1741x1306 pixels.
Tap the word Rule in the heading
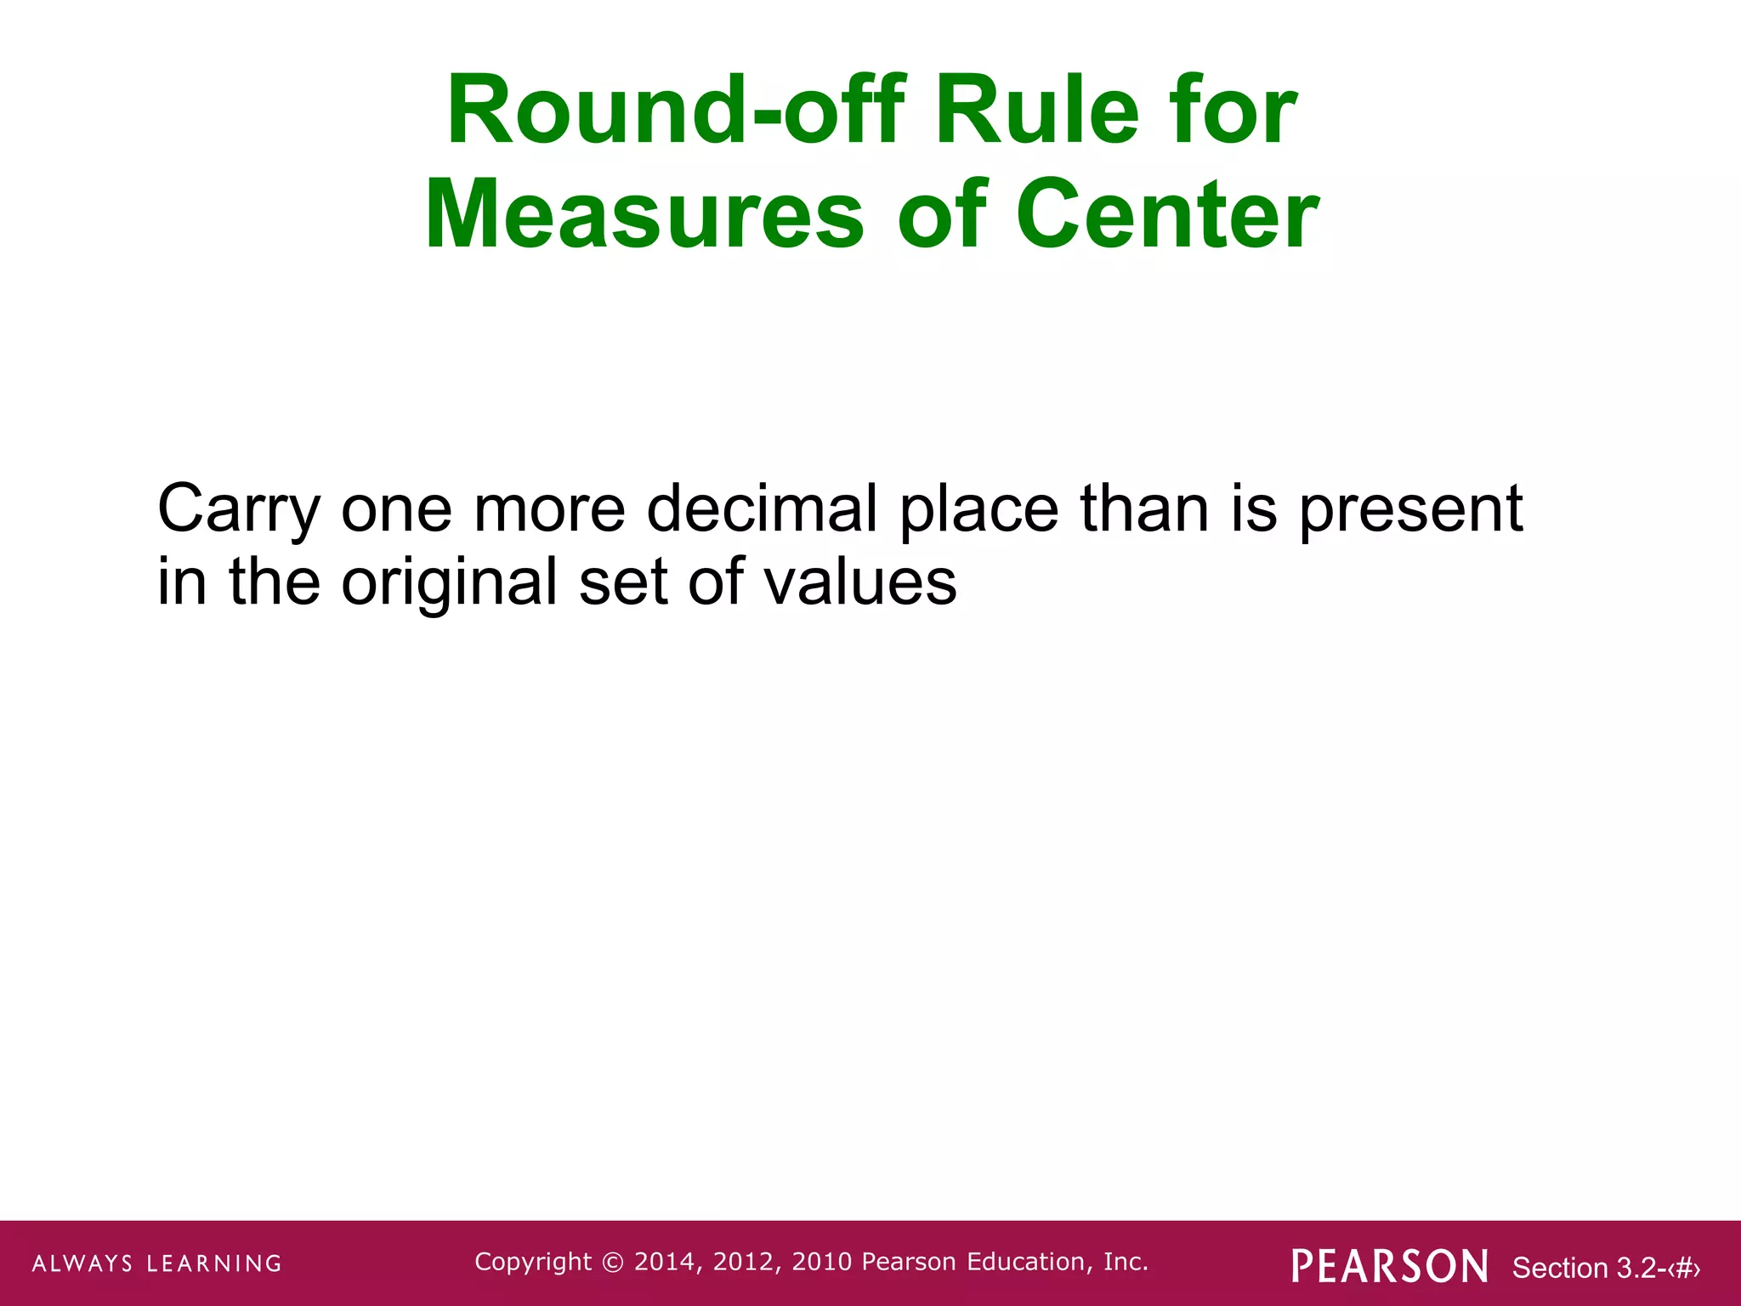point(1036,111)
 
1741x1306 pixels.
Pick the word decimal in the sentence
point(762,508)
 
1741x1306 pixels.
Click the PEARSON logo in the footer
point(1390,1266)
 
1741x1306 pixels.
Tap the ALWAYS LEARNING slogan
point(157,1263)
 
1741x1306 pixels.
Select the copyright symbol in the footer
point(612,1263)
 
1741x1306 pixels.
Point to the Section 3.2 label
point(1585,1268)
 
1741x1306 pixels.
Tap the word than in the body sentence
point(1144,508)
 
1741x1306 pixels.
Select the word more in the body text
point(549,508)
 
